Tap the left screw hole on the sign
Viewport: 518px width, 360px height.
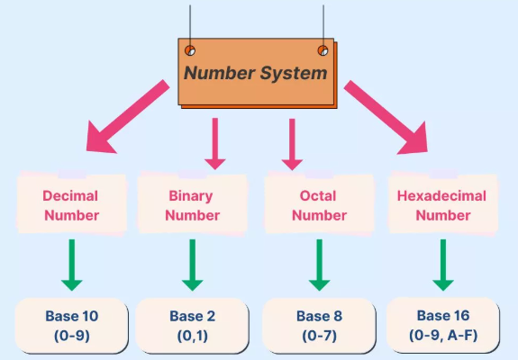pyautogui.click(x=190, y=49)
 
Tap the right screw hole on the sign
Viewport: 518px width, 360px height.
pyautogui.click(x=323, y=49)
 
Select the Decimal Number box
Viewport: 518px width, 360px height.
pyautogui.click(x=69, y=205)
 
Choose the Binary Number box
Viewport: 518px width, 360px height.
pyautogui.click(x=192, y=205)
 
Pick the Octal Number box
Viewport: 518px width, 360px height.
pyautogui.click(x=319, y=205)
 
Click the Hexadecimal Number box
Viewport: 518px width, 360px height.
pyautogui.click(x=443, y=205)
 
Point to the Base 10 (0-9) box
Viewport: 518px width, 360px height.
pyautogui.click(x=71, y=325)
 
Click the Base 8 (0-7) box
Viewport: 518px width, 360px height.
pyautogui.click(x=319, y=325)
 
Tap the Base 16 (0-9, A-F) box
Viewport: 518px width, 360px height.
pyautogui.click(x=442, y=325)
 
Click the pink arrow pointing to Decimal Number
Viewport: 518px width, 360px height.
pyautogui.click(x=125, y=117)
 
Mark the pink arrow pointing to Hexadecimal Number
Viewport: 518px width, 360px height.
pyautogui.click(x=387, y=117)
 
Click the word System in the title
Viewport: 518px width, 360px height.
pyautogui.click(x=294, y=73)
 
